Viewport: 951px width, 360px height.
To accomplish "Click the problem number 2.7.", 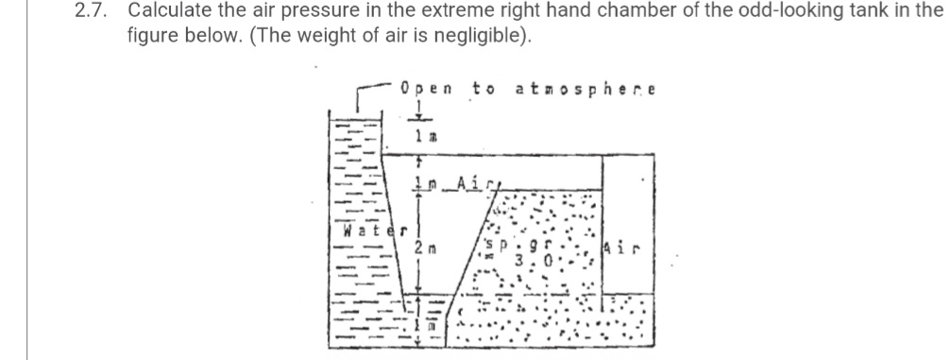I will pos(91,12).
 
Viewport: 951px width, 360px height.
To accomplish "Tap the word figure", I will pos(152,39).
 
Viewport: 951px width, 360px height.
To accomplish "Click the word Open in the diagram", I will pos(426,90).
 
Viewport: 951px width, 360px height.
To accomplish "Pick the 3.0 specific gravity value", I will pos(523,258).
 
